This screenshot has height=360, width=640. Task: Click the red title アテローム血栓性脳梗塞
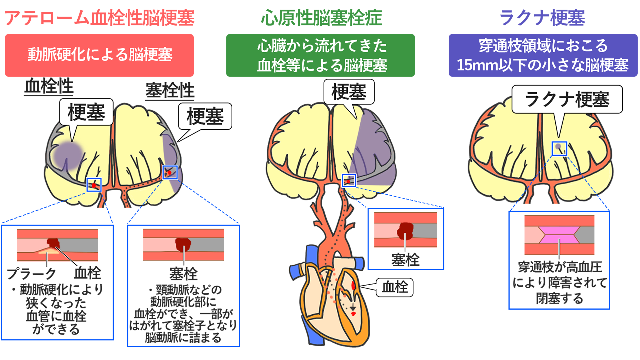pos(99,18)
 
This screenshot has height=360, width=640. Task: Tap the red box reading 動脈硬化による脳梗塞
pos(99,55)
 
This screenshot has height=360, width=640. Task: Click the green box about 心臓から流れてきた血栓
pos(320,55)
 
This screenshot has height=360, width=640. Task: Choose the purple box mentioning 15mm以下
pos(543,55)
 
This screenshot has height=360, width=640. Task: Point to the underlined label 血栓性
pos(49,87)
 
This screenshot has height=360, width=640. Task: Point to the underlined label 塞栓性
pos(170,91)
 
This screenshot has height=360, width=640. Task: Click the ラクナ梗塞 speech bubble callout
pos(567,99)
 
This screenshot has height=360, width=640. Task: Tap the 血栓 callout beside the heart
pos(394,287)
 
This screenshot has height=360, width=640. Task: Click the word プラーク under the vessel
pos(32,274)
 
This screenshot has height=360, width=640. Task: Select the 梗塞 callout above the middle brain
pos(349,92)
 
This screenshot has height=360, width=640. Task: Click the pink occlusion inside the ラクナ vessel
pos(559,235)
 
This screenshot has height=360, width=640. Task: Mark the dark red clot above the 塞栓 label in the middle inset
pos(405,230)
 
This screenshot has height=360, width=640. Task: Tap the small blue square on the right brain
pos(559,148)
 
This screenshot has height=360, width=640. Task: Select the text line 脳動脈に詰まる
pos(183,338)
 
